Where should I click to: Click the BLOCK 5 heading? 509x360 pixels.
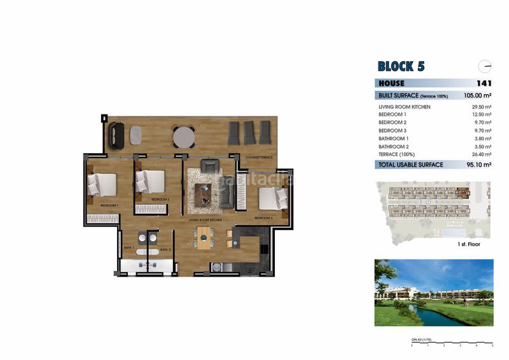[401, 66]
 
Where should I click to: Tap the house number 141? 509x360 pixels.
[484, 83]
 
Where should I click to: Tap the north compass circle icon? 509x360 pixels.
[485, 66]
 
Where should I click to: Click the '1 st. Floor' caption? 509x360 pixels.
[469, 244]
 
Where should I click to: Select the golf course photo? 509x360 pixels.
[433, 292]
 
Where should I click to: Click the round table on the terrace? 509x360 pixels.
[184, 137]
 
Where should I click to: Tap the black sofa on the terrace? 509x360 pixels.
[116, 136]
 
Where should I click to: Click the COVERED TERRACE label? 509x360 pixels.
[259, 156]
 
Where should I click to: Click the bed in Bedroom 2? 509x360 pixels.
[153, 181]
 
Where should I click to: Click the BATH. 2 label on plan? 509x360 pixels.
[165, 249]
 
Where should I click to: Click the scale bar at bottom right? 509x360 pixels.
[452, 344]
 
